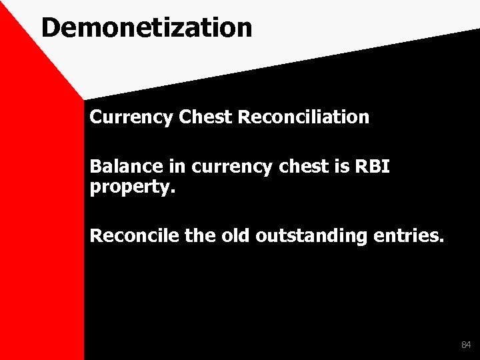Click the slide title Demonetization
point(146,27)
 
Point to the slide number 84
point(465,345)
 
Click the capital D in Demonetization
point(51,27)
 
